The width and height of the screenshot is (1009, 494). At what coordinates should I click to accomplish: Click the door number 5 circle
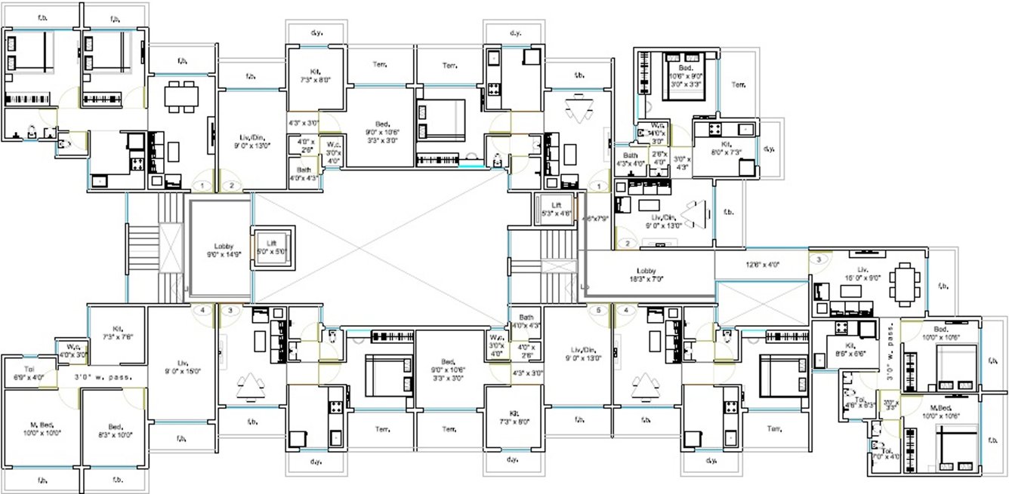coord(600,310)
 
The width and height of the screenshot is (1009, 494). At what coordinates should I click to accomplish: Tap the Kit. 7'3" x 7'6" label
coord(117,333)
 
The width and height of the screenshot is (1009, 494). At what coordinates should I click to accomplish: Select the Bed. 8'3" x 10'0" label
coord(114,430)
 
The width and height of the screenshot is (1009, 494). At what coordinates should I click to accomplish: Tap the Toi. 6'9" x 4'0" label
coord(29,373)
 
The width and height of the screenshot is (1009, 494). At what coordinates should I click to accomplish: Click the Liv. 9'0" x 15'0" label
coord(181,366)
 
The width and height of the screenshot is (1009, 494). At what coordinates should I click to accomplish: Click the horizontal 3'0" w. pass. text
coord(103,376)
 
